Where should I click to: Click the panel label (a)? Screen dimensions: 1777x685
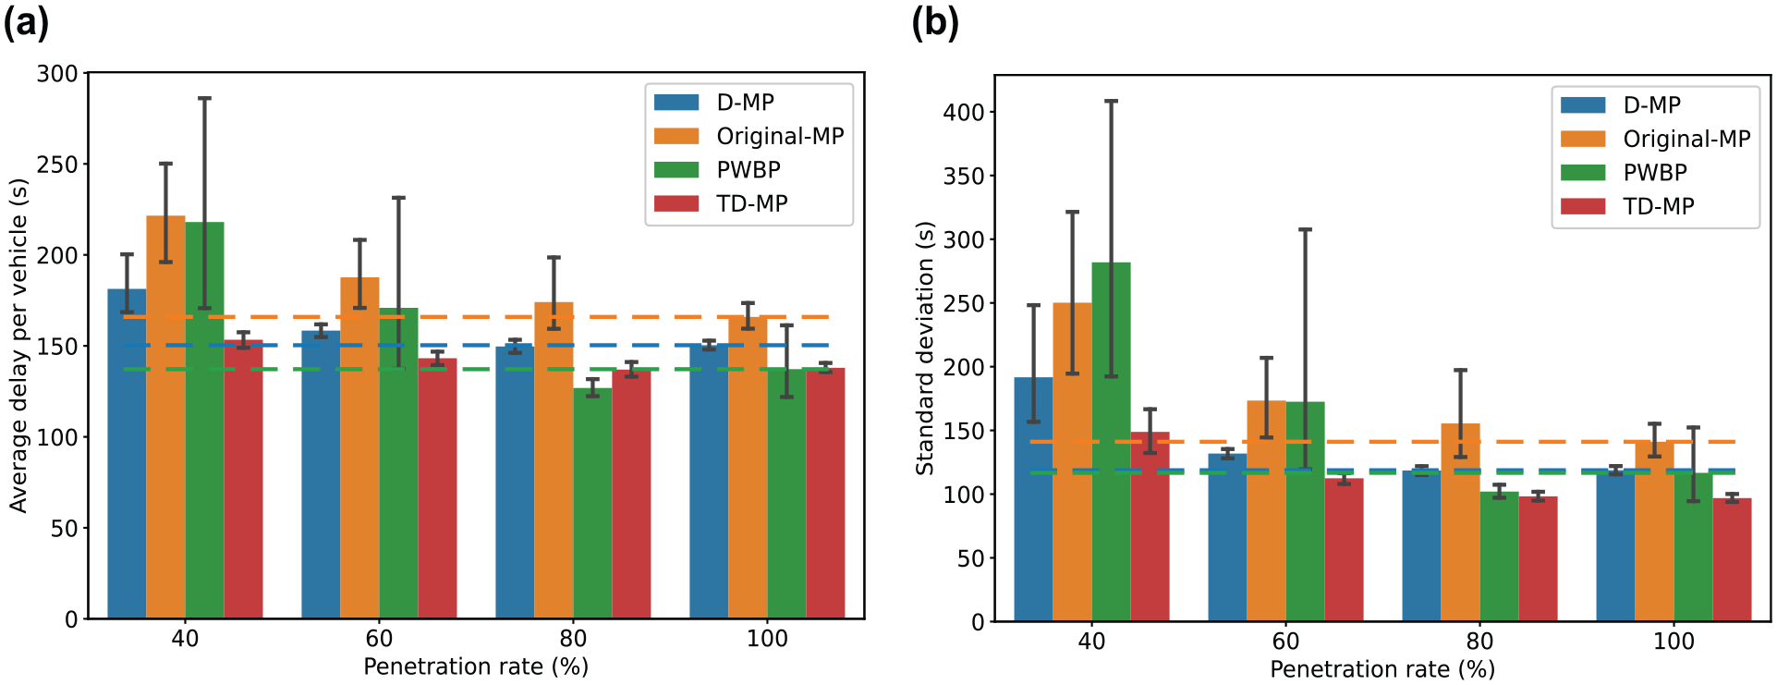[26, 21]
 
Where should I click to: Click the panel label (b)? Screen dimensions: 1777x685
[935, 21]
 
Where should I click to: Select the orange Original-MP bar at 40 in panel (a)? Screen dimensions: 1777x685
[165, 417]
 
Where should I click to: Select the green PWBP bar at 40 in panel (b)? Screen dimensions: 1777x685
[1111, 442]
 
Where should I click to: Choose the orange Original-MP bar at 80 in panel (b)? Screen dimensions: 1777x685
[1460, 522]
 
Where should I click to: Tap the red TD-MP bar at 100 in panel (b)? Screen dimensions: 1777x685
[1732, 559]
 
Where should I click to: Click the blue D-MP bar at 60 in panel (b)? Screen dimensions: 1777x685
[1227, 537]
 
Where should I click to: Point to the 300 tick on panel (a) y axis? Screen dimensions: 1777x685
[57, 73]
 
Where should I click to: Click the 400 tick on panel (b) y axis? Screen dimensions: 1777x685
[964, 112]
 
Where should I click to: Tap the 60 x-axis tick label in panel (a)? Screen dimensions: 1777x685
[379, 639]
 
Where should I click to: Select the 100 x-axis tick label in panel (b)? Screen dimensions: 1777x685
[1674, 642]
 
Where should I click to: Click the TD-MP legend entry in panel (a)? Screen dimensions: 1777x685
[721, 203]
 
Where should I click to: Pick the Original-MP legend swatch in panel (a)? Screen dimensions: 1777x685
[676, 136]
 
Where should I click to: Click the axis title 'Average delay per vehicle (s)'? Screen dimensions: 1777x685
[18, 345]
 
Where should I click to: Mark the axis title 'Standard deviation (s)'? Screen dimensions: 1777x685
[925, 348]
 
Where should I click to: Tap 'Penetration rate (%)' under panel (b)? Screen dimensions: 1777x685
[1382, 669]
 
